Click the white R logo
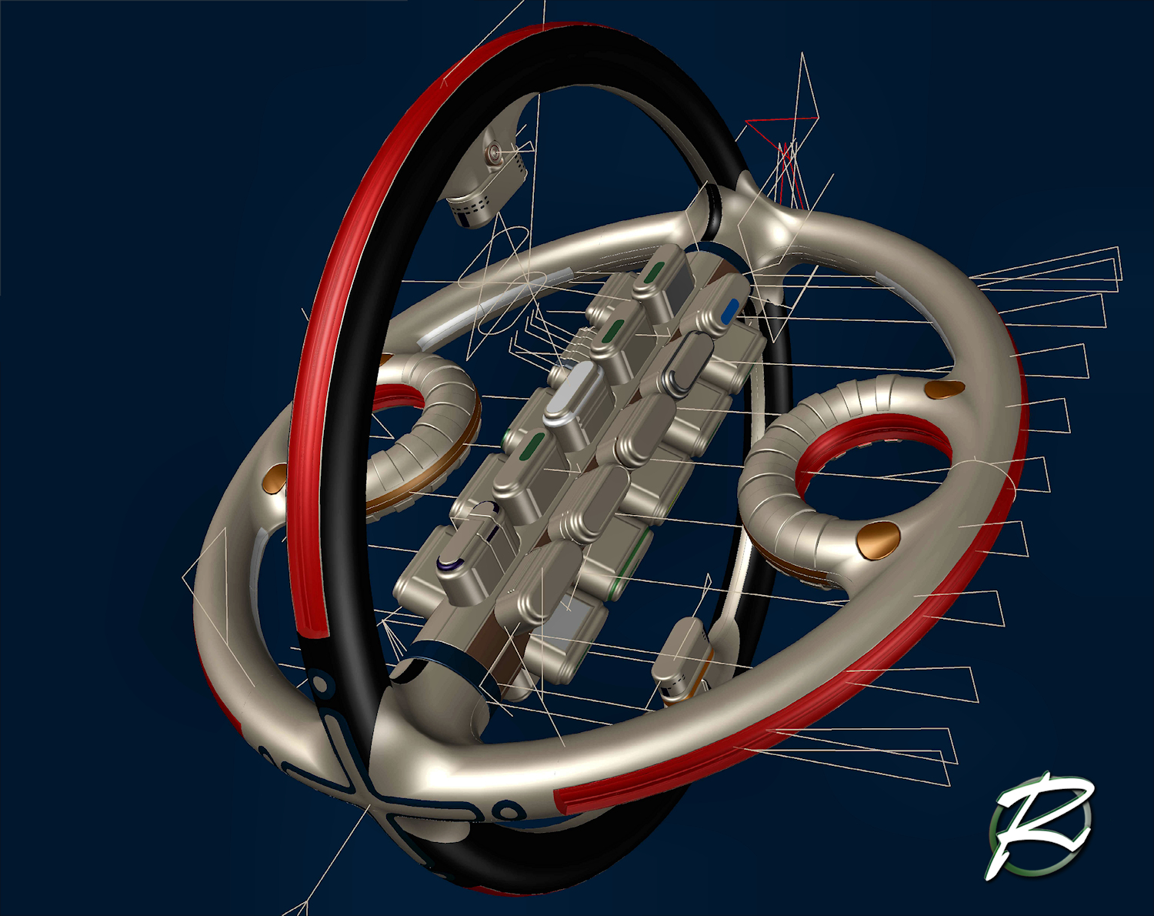point(1040,827)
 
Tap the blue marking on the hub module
point(731,311)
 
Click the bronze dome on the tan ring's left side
point(276,480)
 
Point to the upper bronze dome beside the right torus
point(946,389)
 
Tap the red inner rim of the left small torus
point(399,396)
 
